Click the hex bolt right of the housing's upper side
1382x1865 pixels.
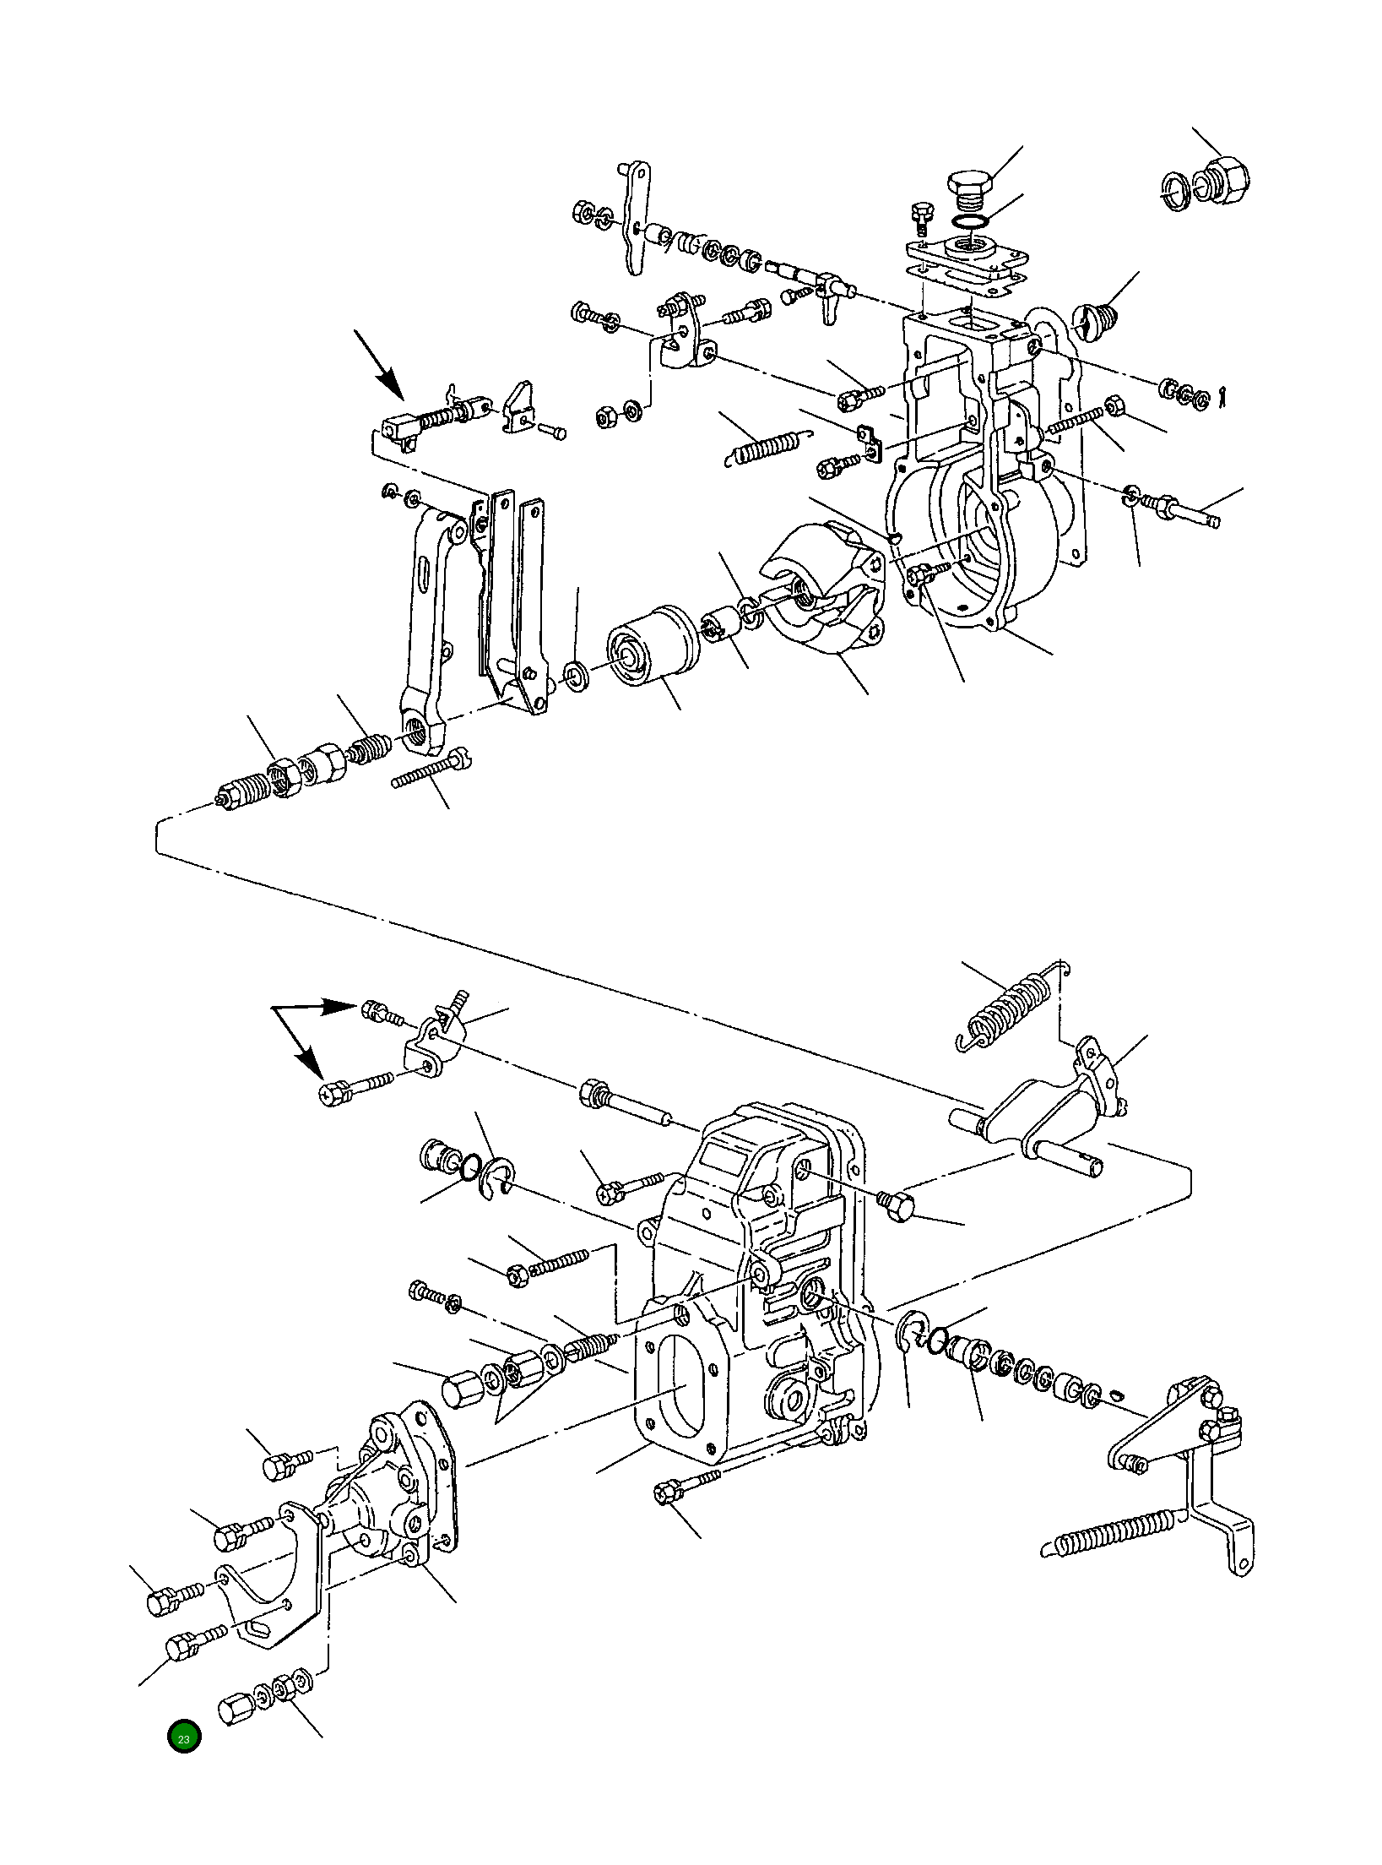(x=897, y=1206)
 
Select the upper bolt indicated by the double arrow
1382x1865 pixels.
(x=377, y=1010)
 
